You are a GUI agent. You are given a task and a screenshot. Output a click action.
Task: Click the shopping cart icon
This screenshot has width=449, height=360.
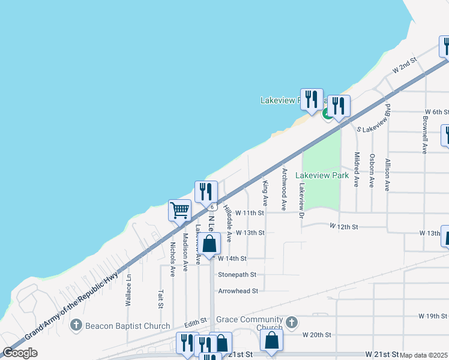coord(179,211)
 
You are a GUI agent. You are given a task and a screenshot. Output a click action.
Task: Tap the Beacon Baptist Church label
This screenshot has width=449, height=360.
coord(128,326)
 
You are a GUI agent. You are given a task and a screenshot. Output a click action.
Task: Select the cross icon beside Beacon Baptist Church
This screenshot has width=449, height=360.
coord(76,326)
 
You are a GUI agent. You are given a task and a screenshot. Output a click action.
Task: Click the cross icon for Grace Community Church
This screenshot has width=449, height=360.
coord(292,323)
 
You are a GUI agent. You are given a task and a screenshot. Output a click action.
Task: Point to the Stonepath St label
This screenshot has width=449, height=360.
coord(237,275)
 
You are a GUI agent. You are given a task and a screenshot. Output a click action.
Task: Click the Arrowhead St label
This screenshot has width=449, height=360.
coord(238,291)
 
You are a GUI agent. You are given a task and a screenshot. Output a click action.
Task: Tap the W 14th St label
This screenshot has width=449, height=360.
coord(232,259)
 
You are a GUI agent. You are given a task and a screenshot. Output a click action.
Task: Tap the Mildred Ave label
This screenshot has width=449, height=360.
coord(357,170)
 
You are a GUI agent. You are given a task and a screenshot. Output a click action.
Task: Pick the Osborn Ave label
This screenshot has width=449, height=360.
coord(372,170)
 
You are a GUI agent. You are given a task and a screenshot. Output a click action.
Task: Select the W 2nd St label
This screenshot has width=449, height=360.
coord(405,65)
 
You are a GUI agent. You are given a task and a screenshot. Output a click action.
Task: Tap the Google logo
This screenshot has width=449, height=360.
coord(20,353)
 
